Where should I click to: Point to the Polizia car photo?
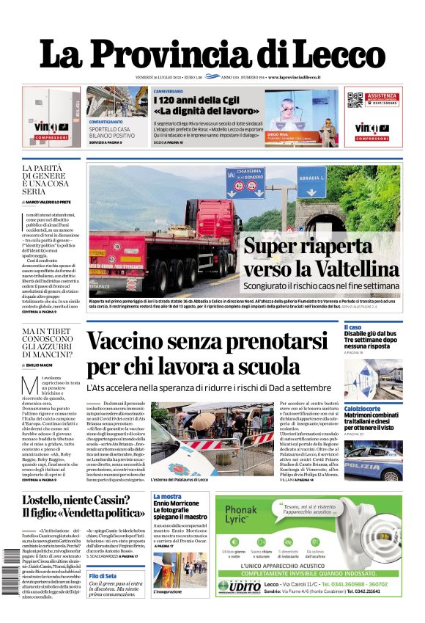373,459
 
